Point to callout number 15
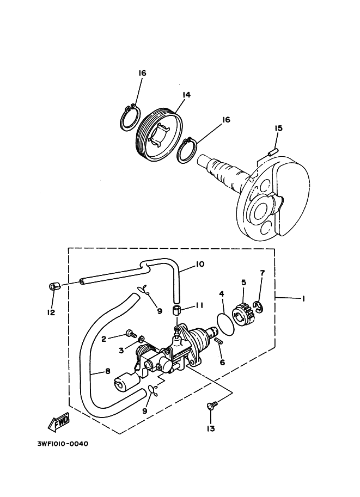[278, 128]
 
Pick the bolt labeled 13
[212, 406]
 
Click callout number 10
[199, 265]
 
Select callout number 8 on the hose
[107, 371]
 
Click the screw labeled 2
[130, 333]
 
